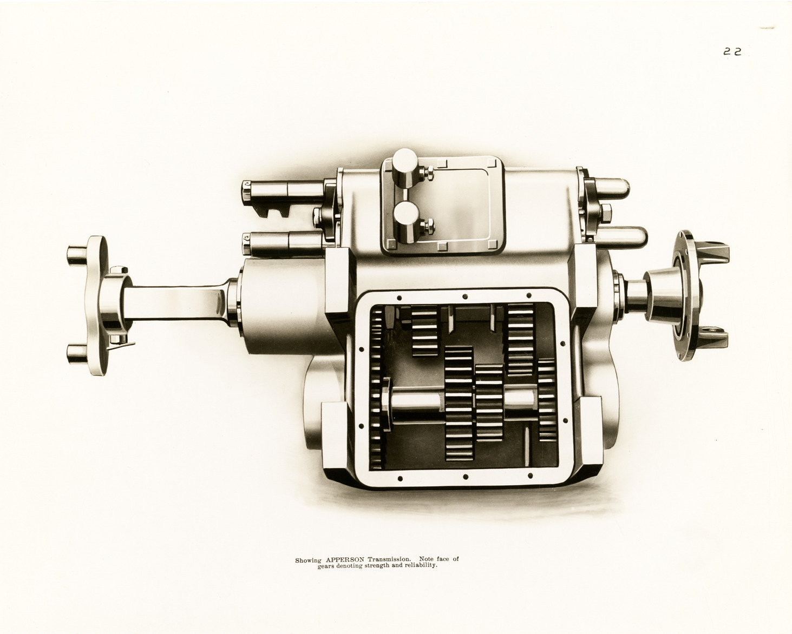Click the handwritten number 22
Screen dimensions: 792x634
pos(732,51)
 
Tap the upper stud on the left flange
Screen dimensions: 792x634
pos(76,253)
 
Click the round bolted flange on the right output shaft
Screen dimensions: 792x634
pos(684,295)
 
